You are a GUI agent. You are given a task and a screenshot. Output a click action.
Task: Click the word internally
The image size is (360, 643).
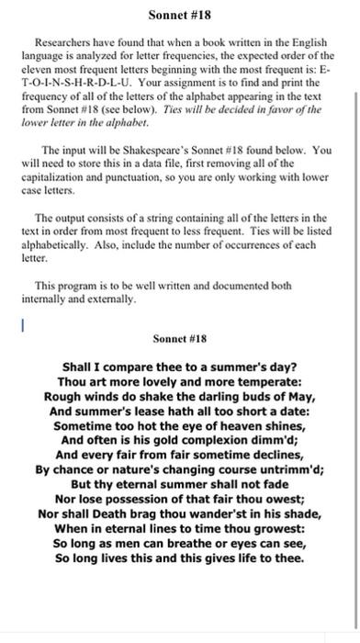(x=60, y=299)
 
